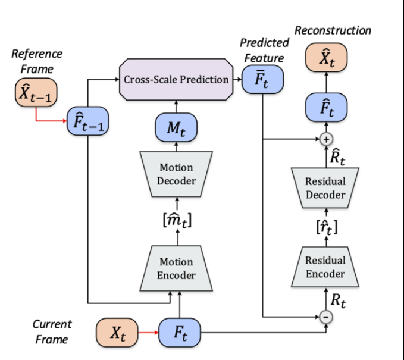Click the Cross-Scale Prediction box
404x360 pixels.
click(176, 79)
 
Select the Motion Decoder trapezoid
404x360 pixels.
click(176, 173)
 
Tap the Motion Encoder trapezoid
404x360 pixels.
click(176, 268)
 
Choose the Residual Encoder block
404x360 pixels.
click(325, 267)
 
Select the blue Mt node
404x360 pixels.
click(176, 127)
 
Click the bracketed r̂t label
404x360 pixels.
click(325, 227)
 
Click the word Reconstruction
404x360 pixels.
click(333, 30)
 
